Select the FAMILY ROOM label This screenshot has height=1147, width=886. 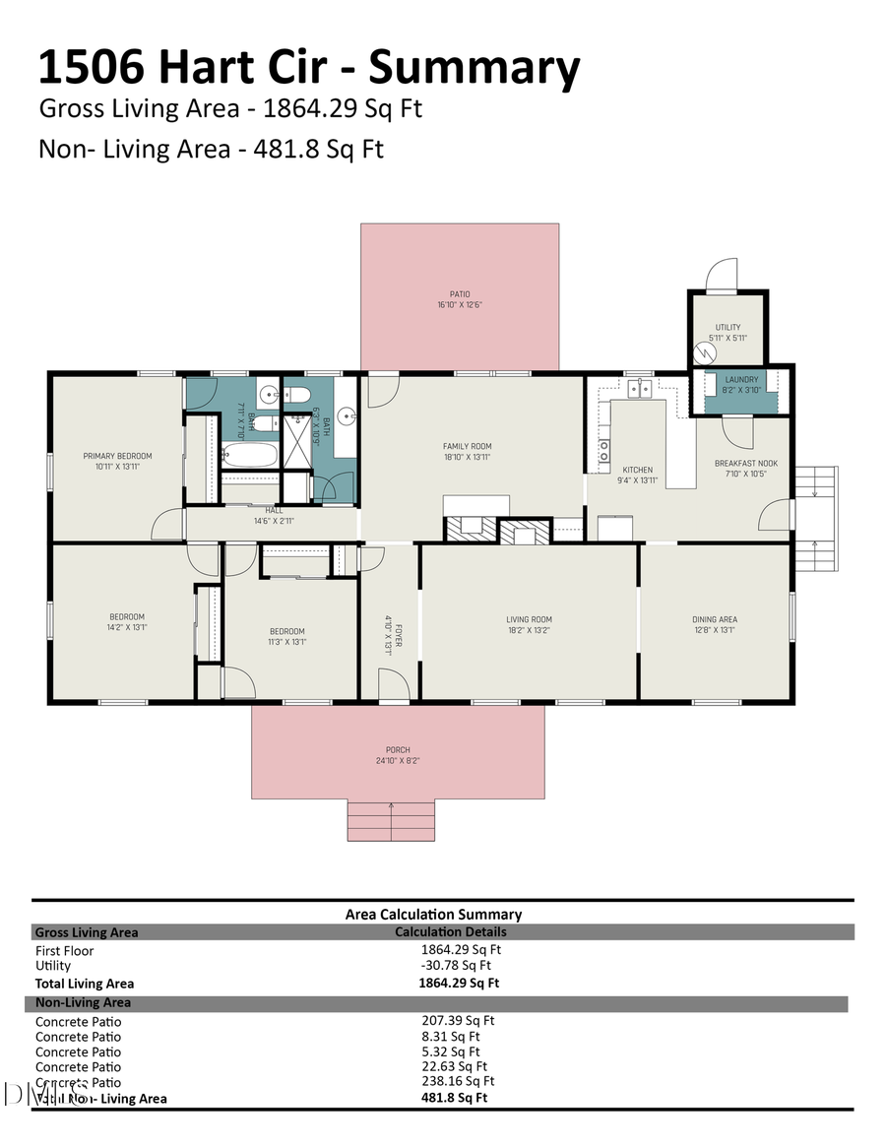click(x=467, y=447)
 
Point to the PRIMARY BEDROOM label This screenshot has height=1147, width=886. click(x=117, y=456)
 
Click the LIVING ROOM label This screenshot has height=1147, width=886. click(x=529, y=619)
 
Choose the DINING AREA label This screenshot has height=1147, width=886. click(x=714, y=619)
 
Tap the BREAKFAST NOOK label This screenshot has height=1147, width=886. click(x=745, y=463)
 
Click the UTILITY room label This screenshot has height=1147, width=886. click(x=728, y=328)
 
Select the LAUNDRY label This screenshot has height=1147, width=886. click(x=741, y=380)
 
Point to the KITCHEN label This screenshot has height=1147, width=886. click(x=637, y=470)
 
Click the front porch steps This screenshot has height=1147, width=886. click(x=391, y=821)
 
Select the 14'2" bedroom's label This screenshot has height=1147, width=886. click(x=127, y=617)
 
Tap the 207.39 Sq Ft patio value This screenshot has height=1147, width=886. click(x=458, y=1021)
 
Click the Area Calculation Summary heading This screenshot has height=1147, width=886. click(x=433, y=915)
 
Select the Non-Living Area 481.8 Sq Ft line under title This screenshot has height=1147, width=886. click(x=211, y=149)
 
